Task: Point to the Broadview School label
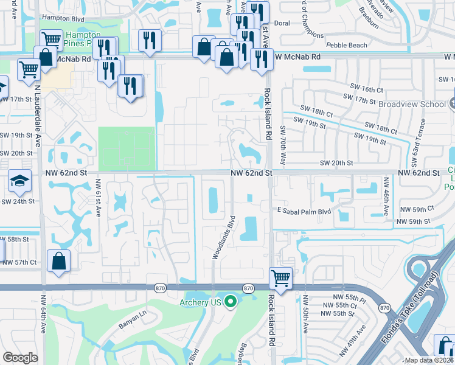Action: point(412,104)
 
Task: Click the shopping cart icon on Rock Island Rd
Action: point(280,277)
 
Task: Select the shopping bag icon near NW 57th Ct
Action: point(58,262)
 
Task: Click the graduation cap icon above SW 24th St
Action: point(19,181)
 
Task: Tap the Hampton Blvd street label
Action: point(61,18)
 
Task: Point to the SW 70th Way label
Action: point(282,145)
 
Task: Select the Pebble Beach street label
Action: point(347,46)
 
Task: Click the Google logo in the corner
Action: point(20,358)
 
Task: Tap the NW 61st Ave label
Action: point(97,203)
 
